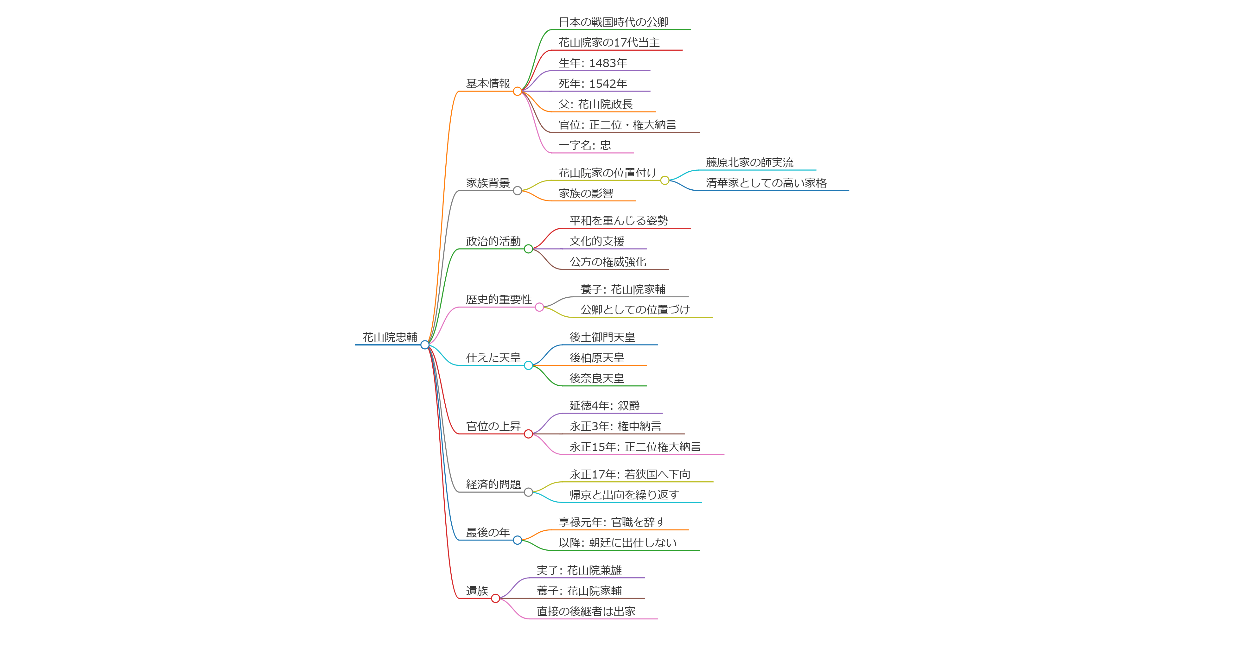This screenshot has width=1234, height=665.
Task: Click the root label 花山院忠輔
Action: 390,337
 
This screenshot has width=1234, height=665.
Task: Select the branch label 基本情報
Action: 488,84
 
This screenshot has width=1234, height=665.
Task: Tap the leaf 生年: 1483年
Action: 593,63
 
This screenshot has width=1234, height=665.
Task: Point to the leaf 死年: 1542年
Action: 593,84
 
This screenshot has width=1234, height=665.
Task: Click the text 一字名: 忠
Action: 584,146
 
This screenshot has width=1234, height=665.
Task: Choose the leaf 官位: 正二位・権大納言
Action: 617,125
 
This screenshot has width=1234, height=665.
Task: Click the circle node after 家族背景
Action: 517,191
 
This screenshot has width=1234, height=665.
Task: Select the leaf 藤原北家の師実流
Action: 749,163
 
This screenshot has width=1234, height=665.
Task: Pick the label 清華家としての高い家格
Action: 766,183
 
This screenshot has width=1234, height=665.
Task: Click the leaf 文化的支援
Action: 596,241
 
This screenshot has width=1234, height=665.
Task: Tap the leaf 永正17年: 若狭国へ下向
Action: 629,474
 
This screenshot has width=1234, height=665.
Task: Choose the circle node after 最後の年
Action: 517,540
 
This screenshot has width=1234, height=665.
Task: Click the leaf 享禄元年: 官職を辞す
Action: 612,522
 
